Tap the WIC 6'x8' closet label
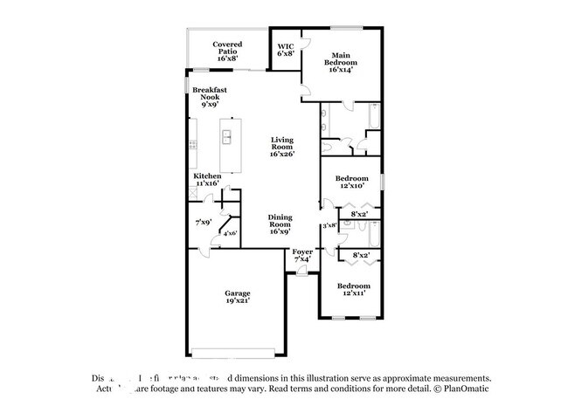tap(285, 51)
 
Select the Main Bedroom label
tap(341, 64)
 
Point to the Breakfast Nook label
tap(209, 96)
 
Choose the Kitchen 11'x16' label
tap(207, 180)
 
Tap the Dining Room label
tap(280, 224)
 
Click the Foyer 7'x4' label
tap(302, 255)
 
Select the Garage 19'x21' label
tap(237, 297)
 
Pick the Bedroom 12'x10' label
tap(354, 183)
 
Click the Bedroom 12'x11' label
tap(354, 289)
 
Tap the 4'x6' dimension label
tap(231, 233)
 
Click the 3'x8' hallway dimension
tap(329, 226)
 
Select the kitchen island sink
tap(226, 137)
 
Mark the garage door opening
tap(237, 354)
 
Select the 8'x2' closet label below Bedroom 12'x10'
tap(359, 214)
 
